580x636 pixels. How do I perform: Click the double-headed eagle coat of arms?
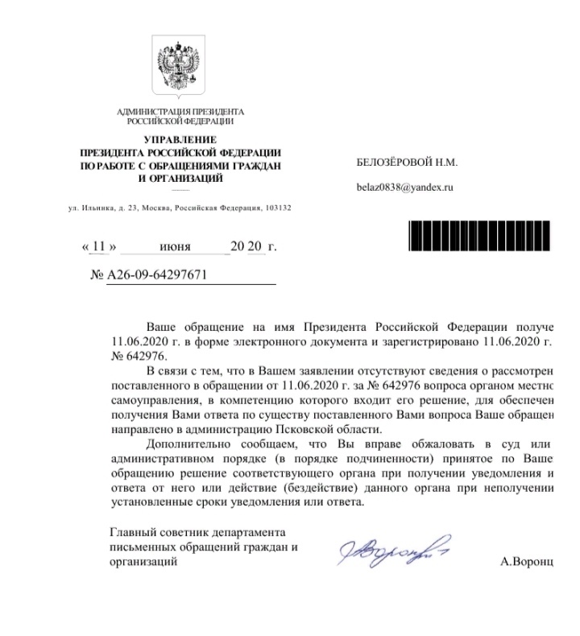tap(178, 68)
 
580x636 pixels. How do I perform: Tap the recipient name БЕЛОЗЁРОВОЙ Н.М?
tap(406, 163)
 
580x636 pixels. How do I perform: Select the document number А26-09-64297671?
tap(157, 275)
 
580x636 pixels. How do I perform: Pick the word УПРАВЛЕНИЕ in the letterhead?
tap(180, 140)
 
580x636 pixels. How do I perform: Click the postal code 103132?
tap(275, 209)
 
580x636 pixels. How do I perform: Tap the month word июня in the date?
tap(175, 246)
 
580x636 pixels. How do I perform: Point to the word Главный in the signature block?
tap(130, 533)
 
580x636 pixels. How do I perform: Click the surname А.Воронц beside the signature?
tap(528, 563)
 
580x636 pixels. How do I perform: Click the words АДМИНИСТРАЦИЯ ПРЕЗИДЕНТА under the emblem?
tap(180, 111)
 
